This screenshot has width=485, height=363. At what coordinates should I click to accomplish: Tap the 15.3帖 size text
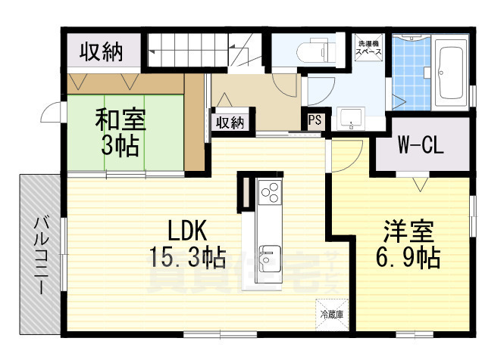[186, 258]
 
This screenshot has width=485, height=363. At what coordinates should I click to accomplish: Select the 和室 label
[120, 119]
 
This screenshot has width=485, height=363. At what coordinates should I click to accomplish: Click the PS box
[314, 119]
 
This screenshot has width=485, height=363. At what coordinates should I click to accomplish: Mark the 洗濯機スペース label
[370, 48]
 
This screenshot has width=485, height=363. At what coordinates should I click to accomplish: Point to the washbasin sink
[349, 118]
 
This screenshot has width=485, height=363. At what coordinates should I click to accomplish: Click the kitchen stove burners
[270, 194]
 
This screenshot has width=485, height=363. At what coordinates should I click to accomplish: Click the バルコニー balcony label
[42, 254]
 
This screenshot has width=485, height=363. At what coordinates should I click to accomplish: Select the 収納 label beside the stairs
[101, 52]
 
